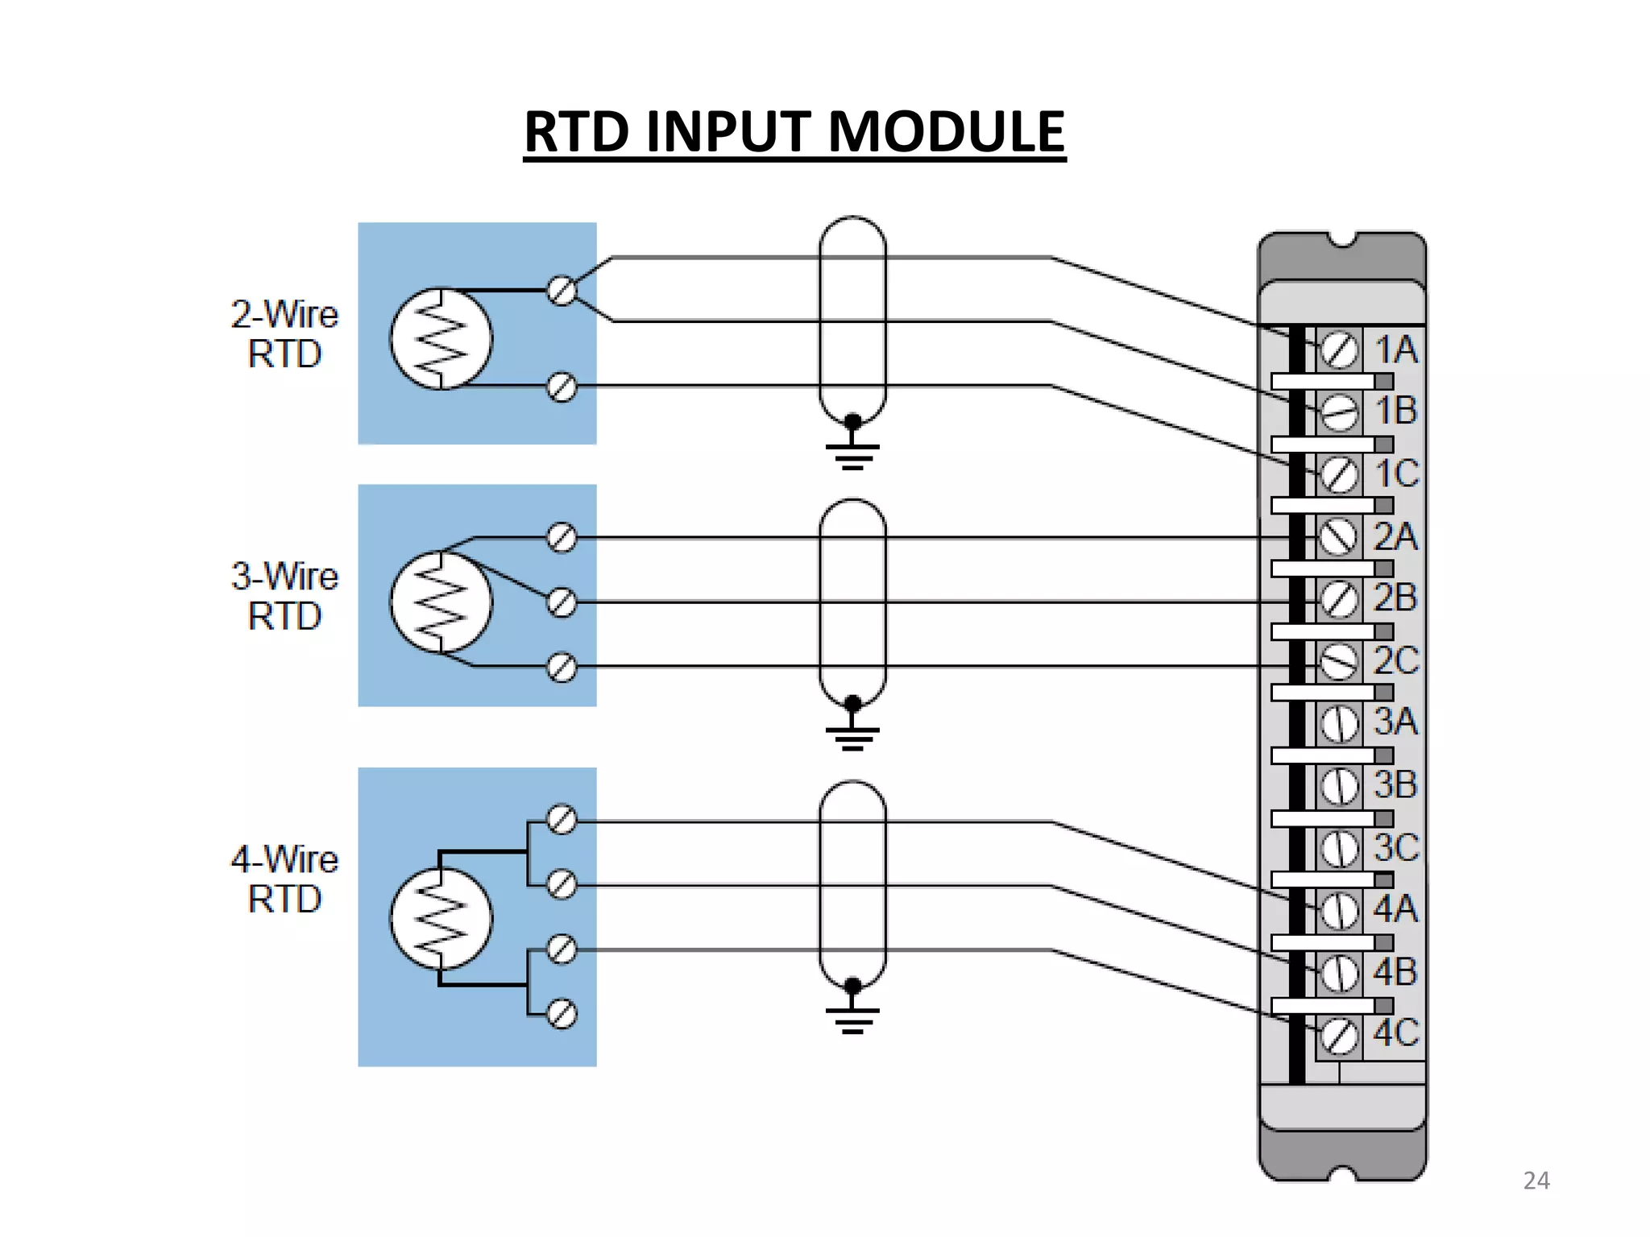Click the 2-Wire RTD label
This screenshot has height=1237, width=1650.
(x=284, y=334)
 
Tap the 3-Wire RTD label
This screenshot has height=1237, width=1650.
(x=284, y=596)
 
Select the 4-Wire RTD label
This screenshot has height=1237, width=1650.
(x=284, y=879)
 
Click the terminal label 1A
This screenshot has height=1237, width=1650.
(x=1396, y=350)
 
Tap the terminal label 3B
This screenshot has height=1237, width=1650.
(x=1395, y=784)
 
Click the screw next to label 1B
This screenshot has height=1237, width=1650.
(x=1339, y=412)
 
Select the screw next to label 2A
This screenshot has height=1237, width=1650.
(x=1339, y=537)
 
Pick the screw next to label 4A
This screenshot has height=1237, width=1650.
(x=1339, y=911)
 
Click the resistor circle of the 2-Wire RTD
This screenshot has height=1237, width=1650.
(x=441, y=339)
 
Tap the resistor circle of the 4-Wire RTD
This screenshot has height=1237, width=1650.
(x=441, y=919)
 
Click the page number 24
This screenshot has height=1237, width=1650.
(x=1536, y=1181)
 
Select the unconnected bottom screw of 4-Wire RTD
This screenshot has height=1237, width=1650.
(x=562, y=1014)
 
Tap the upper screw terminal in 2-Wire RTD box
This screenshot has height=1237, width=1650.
(x=562, y=291)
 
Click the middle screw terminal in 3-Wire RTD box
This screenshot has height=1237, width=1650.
(x=562, y=602)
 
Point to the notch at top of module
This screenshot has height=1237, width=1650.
(x=1342, y=240)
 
